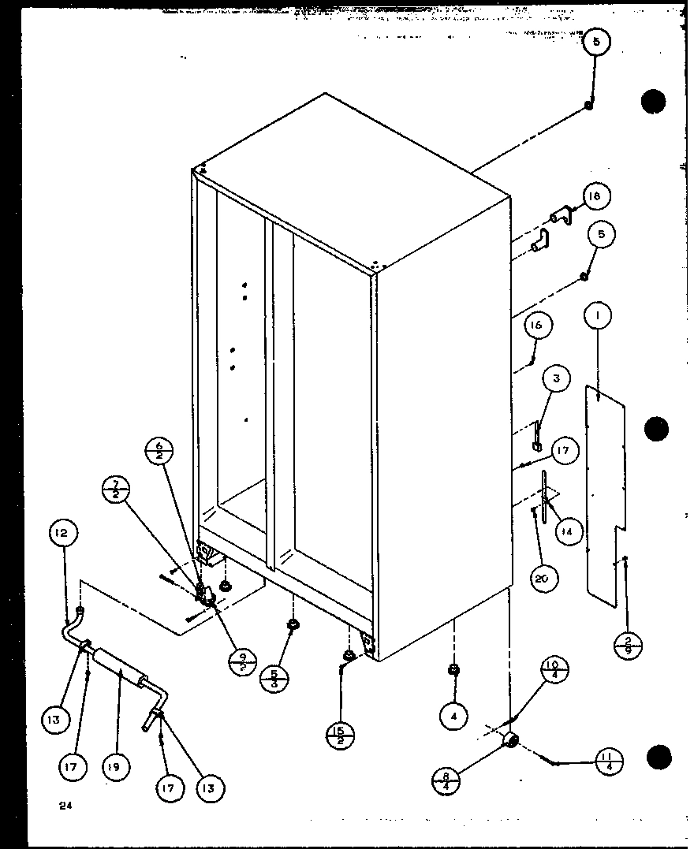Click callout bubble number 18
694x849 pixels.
tap(597, 196)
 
